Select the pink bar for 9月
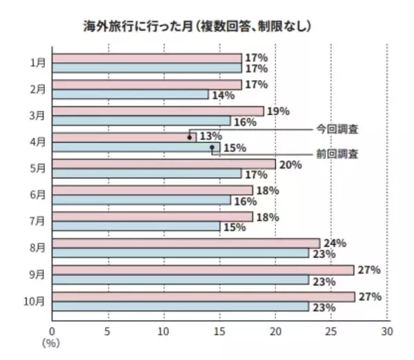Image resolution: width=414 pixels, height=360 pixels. (203, 270)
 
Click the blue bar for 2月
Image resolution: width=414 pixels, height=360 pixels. (130, 94)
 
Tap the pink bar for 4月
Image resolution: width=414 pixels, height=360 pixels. (124, 137)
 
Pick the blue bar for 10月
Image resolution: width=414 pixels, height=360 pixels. (180, 306)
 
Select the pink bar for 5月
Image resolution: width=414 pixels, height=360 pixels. (164, 164)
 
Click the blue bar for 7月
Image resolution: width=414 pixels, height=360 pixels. (135, 226)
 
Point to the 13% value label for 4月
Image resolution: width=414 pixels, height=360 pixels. (210, 137)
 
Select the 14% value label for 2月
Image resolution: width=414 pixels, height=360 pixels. (221, 95)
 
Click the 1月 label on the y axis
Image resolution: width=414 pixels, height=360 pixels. (39, 63)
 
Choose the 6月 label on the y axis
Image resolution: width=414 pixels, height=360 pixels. (39, 194)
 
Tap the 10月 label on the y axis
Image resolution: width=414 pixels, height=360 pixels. (37, 301)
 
